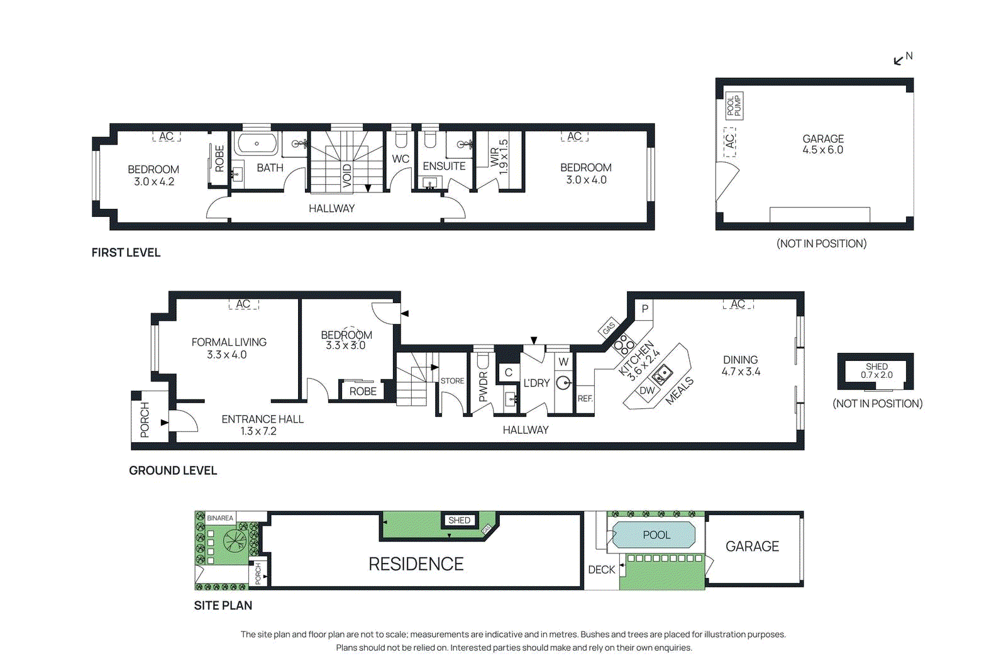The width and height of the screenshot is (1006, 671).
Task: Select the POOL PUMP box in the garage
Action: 734,106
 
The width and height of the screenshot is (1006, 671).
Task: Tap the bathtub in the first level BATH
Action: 257,143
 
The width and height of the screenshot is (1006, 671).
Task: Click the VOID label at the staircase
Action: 347,175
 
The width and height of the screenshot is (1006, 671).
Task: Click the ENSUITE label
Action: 444,166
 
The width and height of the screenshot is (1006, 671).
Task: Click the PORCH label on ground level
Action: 145,419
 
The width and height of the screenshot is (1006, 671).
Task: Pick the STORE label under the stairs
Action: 452,381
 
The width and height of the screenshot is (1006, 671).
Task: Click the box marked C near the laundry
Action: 508,372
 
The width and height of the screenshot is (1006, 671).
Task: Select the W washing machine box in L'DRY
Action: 563,362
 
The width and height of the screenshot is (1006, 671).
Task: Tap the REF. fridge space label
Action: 585,399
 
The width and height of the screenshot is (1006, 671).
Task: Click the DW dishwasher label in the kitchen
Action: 647,391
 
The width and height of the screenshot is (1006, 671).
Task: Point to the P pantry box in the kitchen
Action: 644,309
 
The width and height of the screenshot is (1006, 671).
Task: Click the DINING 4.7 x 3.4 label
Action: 741,365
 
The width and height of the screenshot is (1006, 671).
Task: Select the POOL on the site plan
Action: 656,535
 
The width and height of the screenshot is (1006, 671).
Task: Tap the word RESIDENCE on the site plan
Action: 416,564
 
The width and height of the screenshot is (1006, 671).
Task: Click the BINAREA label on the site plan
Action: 220,518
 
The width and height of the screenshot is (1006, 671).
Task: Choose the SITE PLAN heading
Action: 223,606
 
